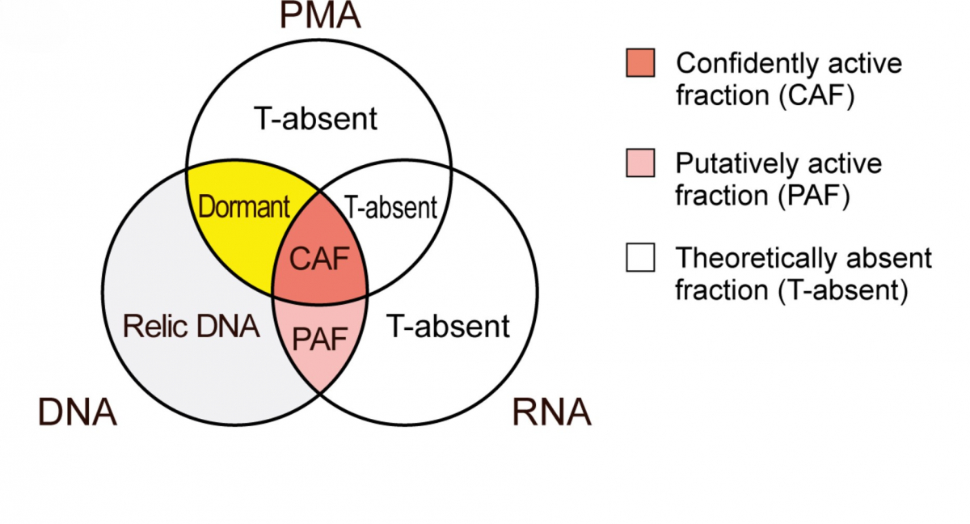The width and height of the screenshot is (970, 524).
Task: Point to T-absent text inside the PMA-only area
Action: (315, 120)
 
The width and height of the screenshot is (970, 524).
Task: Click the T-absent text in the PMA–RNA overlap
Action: (391, 209)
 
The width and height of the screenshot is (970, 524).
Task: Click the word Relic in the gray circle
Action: (152, 327)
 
